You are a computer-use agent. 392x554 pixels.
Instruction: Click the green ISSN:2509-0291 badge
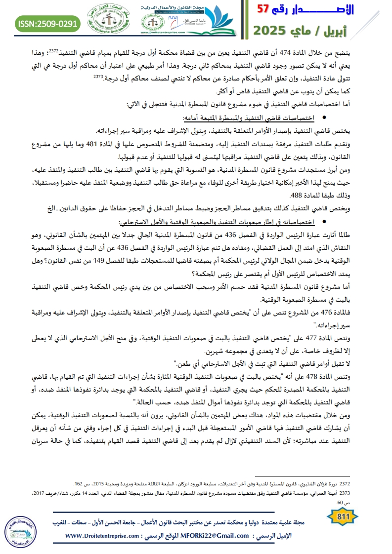(x=47, y=23)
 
